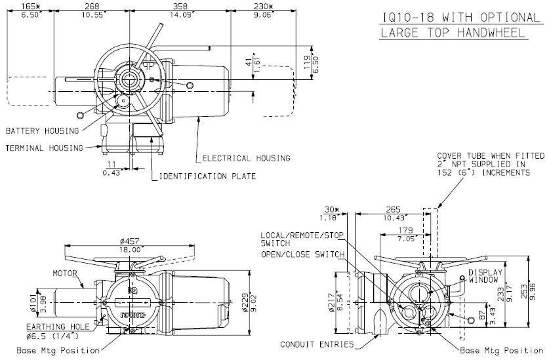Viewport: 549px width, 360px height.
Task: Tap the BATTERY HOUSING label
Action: [42, 131]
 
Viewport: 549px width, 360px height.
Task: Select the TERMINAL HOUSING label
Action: [44, 148]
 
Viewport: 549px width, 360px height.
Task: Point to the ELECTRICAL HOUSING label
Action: [246, 158]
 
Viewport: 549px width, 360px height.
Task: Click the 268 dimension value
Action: [92, 5]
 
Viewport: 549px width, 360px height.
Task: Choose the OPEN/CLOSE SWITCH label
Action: [303, 254]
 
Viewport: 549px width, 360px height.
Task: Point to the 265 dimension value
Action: [393, 210]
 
